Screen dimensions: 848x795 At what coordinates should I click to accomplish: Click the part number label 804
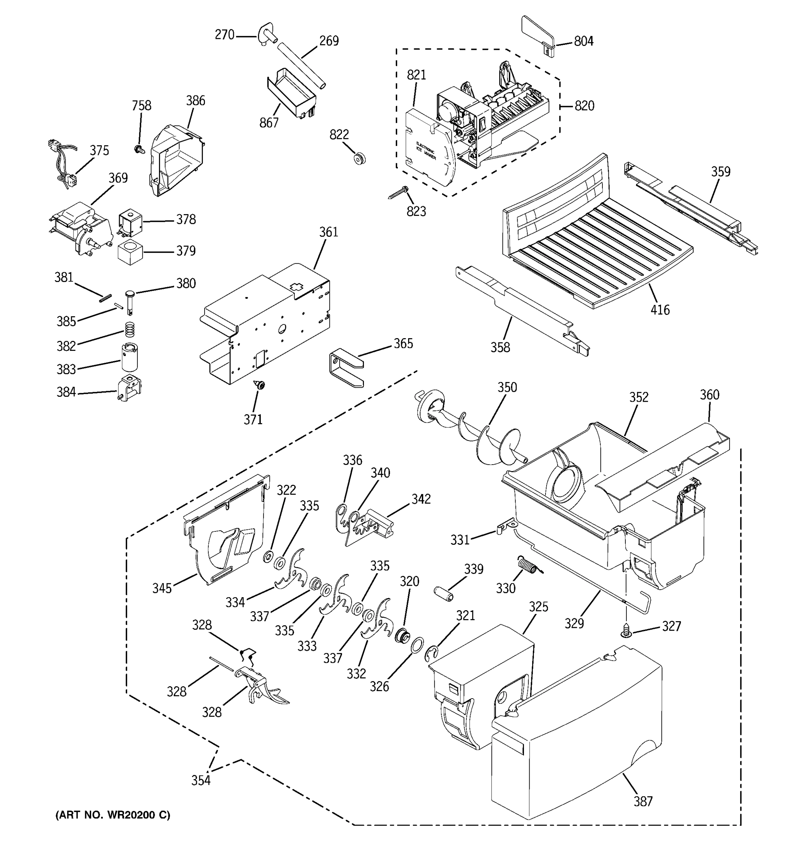click(x=583, y=41)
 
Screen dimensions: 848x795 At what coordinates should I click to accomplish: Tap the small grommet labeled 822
click(x=360, y=159)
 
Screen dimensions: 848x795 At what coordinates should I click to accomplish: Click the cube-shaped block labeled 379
click(x=130, y=252)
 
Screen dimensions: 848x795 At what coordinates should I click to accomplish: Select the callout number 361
click(x=328, y=232)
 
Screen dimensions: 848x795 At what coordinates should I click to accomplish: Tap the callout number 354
click(x=200, y=780)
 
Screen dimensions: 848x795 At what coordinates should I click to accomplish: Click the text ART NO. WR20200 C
click(x=113, y=815)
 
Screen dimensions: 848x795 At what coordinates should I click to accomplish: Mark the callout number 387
click(x=642, y=801)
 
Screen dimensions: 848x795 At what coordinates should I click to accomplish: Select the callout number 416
click(x=660, y=310)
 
